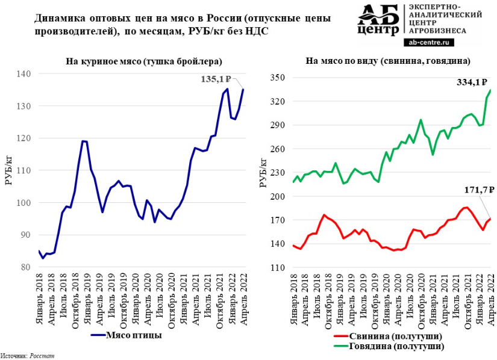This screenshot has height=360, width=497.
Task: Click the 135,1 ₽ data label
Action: [217, 79]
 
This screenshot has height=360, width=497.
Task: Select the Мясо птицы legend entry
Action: [130, 335]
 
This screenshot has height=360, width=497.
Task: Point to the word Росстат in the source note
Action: [43, 356]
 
